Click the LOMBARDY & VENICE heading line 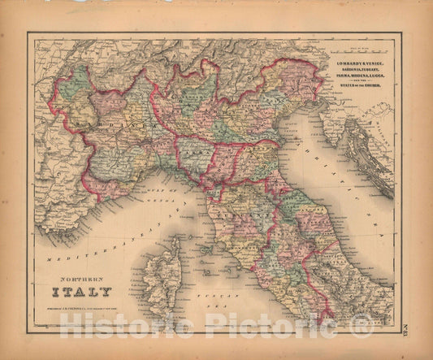360,63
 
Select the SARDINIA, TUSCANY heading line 360,69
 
